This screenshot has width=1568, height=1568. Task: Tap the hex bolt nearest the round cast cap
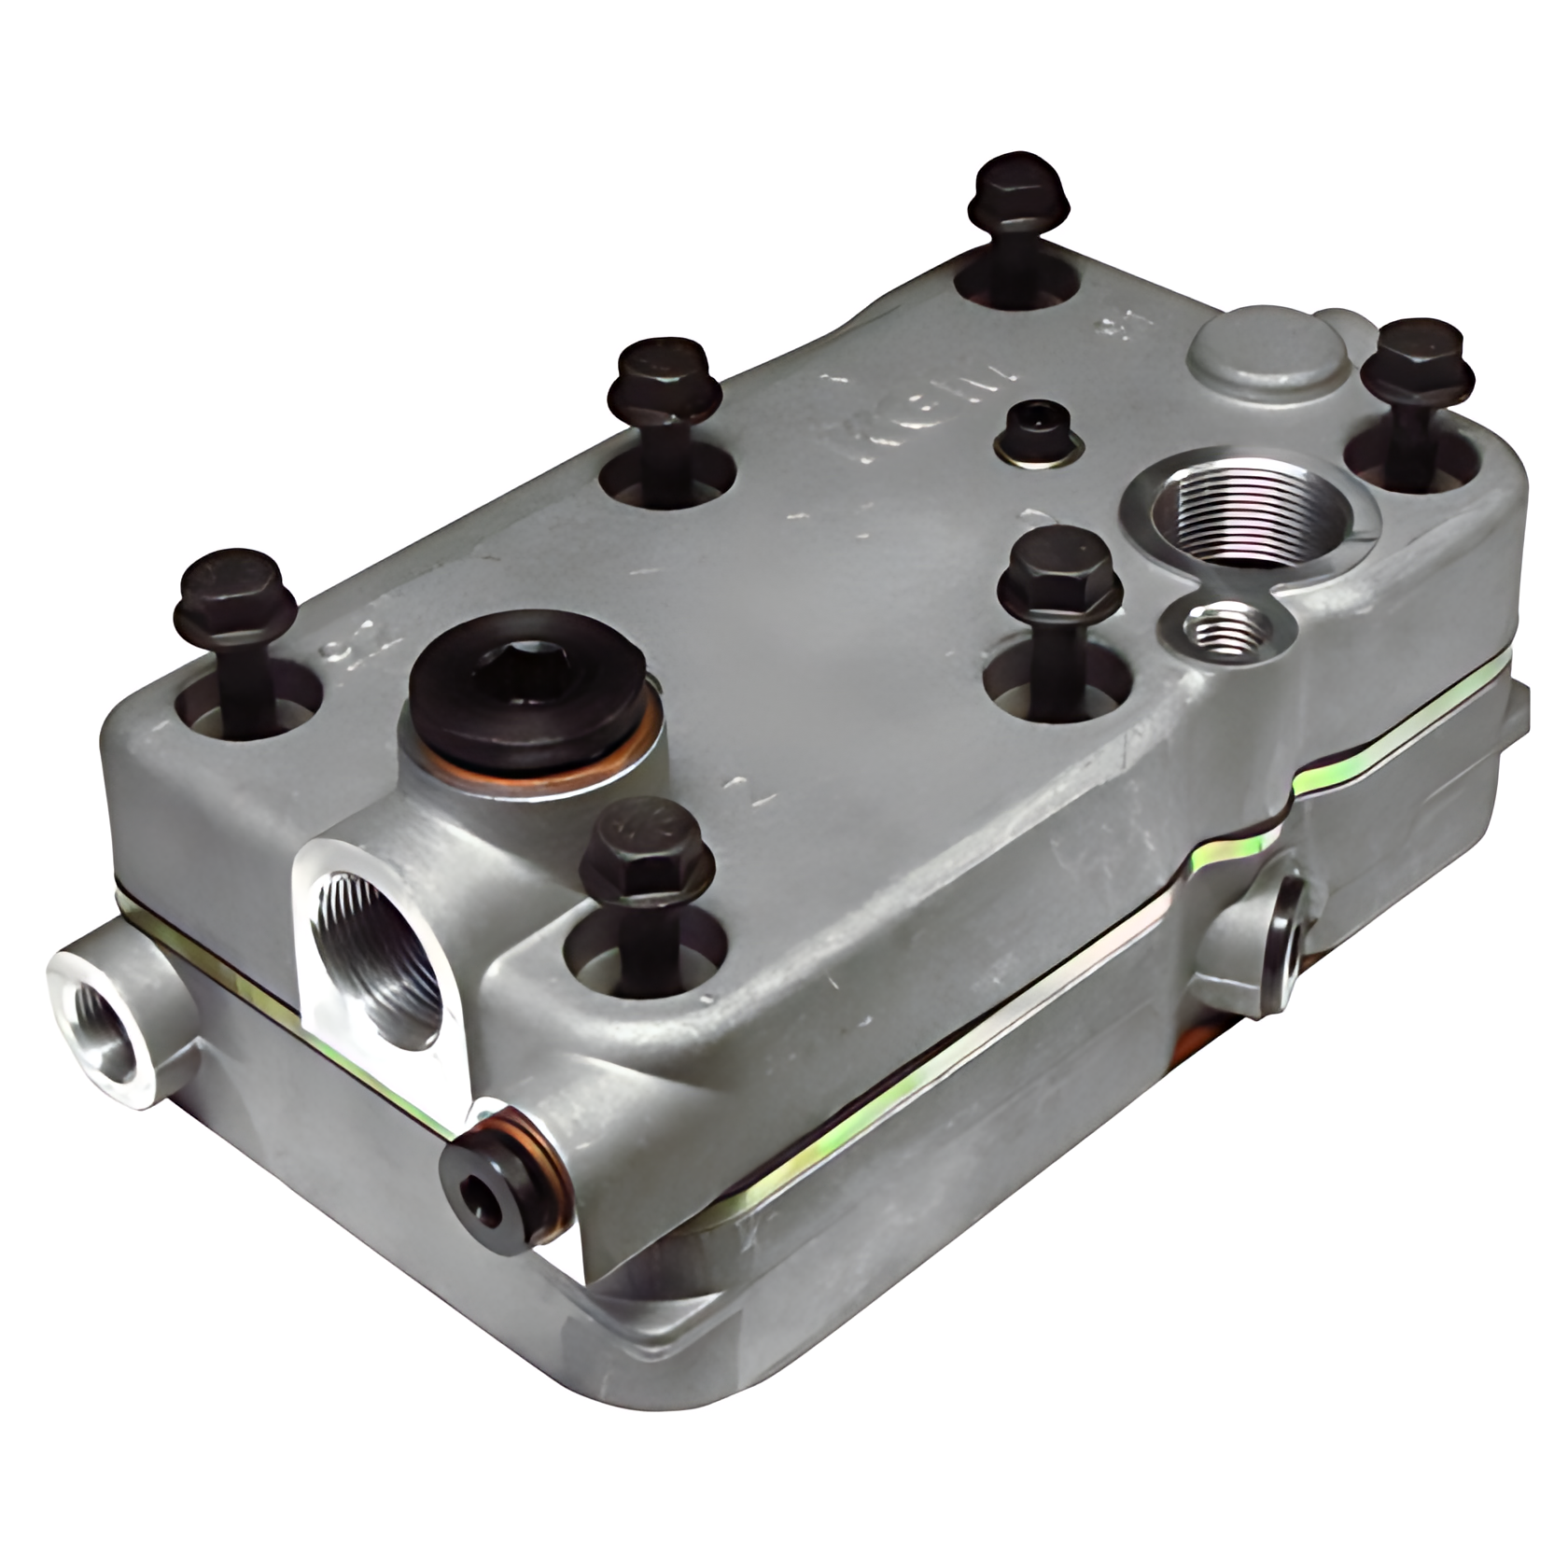coord(1415,360)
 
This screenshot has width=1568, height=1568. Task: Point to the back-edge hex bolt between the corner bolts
coord(665,381)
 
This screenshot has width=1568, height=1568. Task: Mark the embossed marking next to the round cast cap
coord(1113,328)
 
